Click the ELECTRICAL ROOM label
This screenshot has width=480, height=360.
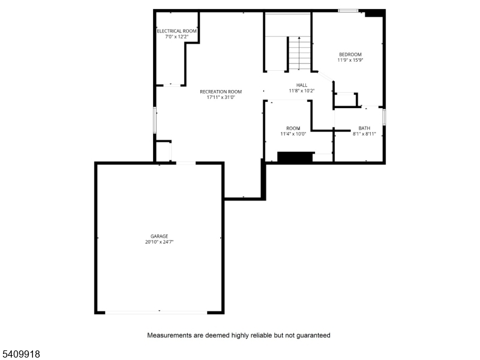pyautogui.click(x=177, y=31)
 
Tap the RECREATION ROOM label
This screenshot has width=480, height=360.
pyautogui.click(x=221, y=92)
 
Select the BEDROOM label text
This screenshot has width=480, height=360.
pyautogui.click(x=350, y=54)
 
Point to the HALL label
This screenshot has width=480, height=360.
pyautogui.click(x=302, y=85)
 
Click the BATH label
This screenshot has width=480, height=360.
pyautogui.click(x=364, y=128)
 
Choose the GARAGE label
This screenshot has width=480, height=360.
pyautogui.click(x=159, y=236)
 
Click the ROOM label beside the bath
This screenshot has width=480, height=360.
pyautogui.click(x=293, y=128)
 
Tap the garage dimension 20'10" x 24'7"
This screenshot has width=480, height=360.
pyautogui.click(x=159, y=242)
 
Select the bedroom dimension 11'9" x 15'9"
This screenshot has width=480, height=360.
pyautogui.click(x=350, y=60)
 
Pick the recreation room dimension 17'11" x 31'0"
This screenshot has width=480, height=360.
pyautogui.click(x=221, y=97)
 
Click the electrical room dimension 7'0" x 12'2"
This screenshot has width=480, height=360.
pyautogui.click(x=177, y=37)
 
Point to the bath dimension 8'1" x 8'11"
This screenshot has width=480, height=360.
pyautogui.click(x=364, y=134)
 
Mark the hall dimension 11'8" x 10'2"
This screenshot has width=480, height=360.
pyautogui.click(x=302, y=91)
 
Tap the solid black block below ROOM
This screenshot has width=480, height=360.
pyautogui.click(x=295, y=157)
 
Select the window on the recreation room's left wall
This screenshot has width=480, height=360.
pyautogui.click(x=155, y=119)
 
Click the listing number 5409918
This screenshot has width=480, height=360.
pyautogui.click(x=22, y=354)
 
